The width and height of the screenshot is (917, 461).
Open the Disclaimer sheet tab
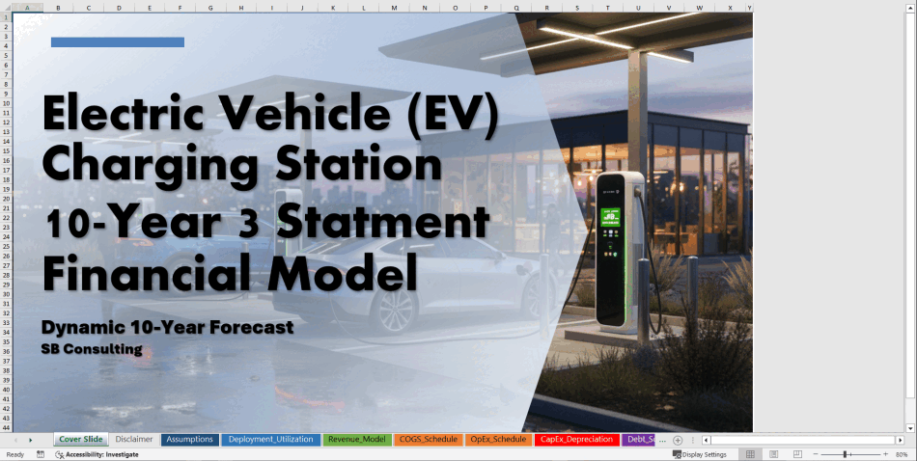(133, 440)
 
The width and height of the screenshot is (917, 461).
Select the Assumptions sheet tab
(189, 440)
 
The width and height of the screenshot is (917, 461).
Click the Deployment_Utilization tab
(271, 440)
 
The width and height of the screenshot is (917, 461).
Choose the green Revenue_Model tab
(357, 440)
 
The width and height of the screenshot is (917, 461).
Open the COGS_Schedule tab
(428, 440)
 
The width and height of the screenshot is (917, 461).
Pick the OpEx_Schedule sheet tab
(498, 440)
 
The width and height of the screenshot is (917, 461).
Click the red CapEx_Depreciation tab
(576, 440)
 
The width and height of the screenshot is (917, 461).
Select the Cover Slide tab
(81, 440)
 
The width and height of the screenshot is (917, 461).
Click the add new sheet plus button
(678, 440)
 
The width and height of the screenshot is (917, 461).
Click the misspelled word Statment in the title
(383, 224)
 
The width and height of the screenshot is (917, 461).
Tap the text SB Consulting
(92, 349)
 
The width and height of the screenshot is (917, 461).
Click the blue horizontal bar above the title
(118, 42)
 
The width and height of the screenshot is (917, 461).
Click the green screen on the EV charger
(610, 217)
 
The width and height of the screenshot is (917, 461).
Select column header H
(241, 8)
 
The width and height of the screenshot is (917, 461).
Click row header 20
(7, 198)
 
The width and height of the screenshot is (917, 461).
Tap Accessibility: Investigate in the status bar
(97, 454)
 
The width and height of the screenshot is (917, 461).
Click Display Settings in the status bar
(700, 454)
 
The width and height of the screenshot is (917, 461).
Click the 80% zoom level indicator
(902, 454)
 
